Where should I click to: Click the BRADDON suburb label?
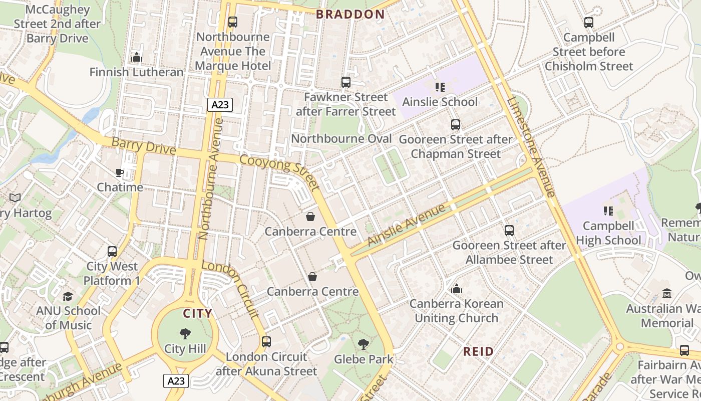(350, 14)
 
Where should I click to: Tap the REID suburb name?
(478, 351)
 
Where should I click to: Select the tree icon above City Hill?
(185, 334)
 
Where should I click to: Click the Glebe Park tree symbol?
(363, 344)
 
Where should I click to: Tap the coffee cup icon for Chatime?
(120, 173)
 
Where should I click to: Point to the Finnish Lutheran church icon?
(137, 58)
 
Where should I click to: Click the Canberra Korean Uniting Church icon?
(456, 289)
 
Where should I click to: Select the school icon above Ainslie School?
(440, 87)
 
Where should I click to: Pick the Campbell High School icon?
(608, 211)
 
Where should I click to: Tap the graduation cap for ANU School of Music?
(68, 296)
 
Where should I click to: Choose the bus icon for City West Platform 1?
(112, 252)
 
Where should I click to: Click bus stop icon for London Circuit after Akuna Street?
(266, 342)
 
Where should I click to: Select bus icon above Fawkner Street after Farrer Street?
(345, 82)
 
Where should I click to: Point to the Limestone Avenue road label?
(531, 146)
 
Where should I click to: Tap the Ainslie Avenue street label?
(406, 225)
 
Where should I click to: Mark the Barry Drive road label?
(144, 146)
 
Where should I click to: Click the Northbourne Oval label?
(341, 138)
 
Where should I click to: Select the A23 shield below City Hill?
(176, 381)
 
